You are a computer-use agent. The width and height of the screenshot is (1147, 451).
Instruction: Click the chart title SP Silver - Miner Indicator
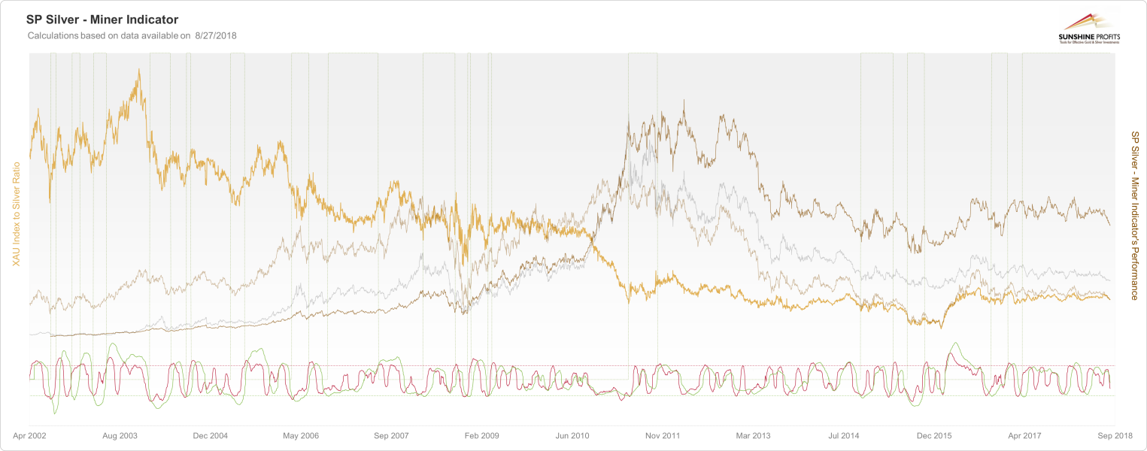click(x=102, y=20)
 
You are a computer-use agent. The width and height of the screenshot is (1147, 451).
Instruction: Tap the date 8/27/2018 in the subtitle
click(x=216, y=35)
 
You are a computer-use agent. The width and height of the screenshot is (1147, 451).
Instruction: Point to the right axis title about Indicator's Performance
click(x=1135, y=215)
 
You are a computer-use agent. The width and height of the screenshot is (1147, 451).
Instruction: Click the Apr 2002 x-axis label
click(x=30, y=435)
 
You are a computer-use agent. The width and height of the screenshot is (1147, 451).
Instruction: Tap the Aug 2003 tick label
click(x=120, y=435)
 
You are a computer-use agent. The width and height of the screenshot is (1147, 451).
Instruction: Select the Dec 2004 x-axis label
click(x=210, y=435)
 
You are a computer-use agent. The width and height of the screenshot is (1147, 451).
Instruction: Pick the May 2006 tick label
click(x=300, y=435)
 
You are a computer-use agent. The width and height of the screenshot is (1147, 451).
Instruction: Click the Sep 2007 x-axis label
click(x=390, y=435)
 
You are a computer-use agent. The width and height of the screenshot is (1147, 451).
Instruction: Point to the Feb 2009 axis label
click(x=481, y=435)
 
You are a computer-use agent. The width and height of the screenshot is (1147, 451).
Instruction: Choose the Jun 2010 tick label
click(x=572, y=435)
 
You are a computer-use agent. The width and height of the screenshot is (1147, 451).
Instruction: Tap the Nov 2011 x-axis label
click(x=663, y=435)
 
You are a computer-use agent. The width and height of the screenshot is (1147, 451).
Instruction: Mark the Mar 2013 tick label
click(x=753, y=435)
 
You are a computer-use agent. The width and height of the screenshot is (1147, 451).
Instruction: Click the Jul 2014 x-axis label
click(x=843, y=435)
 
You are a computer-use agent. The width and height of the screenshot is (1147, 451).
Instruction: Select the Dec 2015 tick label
click(x=933, y=435)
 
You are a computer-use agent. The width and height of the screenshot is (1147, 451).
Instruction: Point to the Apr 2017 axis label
click(x=1024, y=435)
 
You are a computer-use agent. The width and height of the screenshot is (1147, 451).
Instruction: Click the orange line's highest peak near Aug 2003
click(x=139, y=70)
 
